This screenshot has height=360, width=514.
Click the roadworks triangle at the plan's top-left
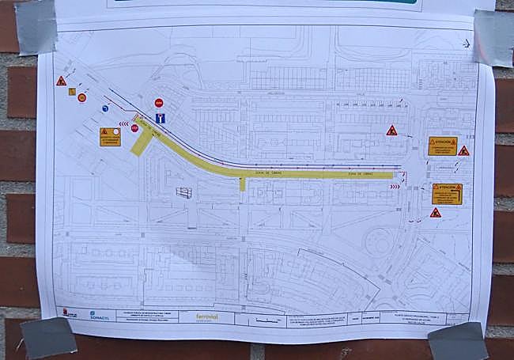pyautogui.click(x=61, y=81)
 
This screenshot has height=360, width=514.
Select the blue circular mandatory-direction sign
pyautogui.click(x=105, y=108)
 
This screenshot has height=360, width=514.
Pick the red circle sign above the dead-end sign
pyautogui.click(x=159, y=102)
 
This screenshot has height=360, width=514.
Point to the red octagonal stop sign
pyautogui.click(x=134, y=128)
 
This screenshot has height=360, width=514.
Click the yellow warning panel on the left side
pyautogui.click(x=110, y=136)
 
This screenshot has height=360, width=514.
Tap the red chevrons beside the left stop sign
pyautogui.click(x=123, y=123)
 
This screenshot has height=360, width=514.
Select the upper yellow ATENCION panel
pyautogui.click(x=442, y=146)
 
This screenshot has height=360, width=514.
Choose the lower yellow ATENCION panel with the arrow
pyautogui.click(x=447, y=193)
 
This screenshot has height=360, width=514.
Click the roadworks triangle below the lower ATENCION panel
pyautogui.click(x=435, y=213)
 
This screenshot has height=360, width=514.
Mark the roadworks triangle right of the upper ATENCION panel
pyautogui.click(x=463, y=150)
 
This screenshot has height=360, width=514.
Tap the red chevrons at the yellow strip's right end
pyautogui.click(x=395, y=187)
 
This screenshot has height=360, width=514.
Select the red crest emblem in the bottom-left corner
pyautogui.click(x=70, y=313)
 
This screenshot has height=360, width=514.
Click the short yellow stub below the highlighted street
pyautogui.click(x=243, y=184)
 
